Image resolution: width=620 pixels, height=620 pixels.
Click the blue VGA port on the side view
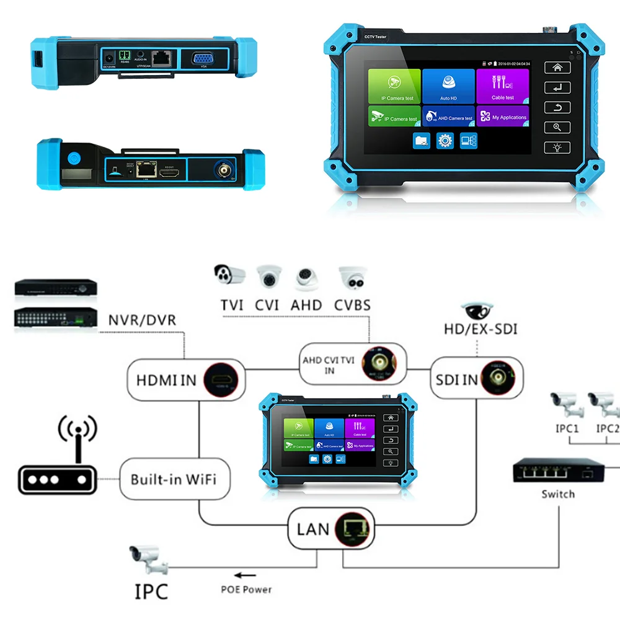coord(202,60)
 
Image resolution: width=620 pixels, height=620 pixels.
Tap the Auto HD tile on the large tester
coord(449,86)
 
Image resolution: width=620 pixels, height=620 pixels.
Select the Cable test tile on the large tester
coord(503,86)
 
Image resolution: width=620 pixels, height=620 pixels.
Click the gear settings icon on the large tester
coord(445,141)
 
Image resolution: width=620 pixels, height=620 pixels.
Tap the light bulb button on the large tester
coord(557,148)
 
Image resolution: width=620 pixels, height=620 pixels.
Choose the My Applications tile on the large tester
coord(503,116)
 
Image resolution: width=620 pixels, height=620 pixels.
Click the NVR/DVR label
coord(142,321)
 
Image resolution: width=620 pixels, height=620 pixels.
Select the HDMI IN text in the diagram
coord(166,380)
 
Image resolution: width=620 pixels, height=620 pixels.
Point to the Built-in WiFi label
coord(173,479)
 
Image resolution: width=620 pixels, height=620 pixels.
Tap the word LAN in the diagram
coord(313,529)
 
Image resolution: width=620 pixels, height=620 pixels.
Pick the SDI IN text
coord(457,379)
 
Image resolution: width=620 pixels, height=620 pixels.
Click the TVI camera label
coord(231,305)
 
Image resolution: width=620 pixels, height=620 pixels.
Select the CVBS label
coord(352,305)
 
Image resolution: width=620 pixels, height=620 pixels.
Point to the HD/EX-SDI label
coord(480,329)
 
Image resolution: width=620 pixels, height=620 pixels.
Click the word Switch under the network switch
coord(557,494)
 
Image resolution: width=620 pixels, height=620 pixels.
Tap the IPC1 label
coord(567,428)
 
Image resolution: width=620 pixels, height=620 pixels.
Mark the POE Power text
coord(246,590)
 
